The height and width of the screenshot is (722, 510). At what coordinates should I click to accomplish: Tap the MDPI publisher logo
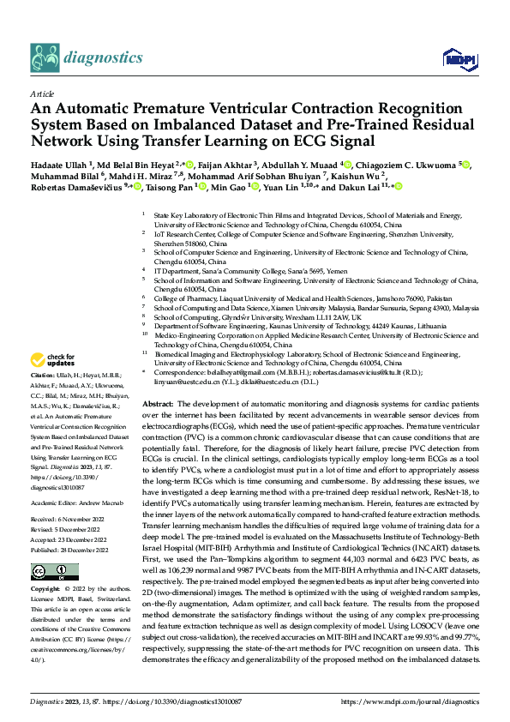coord(454,58)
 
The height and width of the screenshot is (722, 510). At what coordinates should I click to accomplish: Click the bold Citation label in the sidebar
coord(43,376)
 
